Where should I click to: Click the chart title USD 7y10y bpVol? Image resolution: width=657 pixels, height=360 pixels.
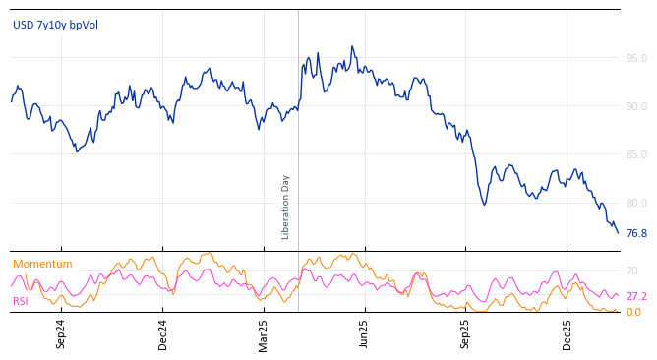pyautogui.click(x=55, y=26)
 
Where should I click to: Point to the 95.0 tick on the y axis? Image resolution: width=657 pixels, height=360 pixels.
pyautogui.click(x=636, y=58)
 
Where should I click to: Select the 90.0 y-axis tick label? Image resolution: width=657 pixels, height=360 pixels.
pyautogui.click(x=636, y=106)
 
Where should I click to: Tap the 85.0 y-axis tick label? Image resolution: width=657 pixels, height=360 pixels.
pyautogui.click(x=636, y=154)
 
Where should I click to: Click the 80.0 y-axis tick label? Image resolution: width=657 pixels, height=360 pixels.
pyautogui.click(x=636, y=203)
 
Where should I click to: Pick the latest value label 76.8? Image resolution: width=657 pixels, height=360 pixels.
pyautogui.click(x=636, y=234)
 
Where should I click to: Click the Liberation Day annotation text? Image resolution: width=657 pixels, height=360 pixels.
pyautogui.click(x=286, y=207)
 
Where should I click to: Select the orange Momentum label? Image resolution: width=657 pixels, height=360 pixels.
pyautogui.click(x=42, y=265)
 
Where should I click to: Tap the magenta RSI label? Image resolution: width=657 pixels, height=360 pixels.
pyautogui.click(x=20, y=302)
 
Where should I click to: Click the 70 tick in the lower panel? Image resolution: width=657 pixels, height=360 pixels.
pyautogui.click(x=632, y=270)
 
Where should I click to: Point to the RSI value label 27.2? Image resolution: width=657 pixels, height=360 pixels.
pyautogui.click(x=636, y=296)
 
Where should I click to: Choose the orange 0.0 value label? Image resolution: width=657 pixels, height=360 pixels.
pyautogui.click(x=633, y=313)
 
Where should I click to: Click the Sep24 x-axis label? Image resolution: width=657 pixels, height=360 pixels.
pyautogui.click(x=61, y=333)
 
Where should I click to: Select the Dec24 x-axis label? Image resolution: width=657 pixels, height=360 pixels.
pyautogui.click(x=163, y=333)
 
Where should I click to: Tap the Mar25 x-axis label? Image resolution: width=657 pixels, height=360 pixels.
pyautogui.click(x=264, y=333)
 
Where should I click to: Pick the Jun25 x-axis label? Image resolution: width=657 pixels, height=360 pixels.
pyautogui.click(x=365, y=333)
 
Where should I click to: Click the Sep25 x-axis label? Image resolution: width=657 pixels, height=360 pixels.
pyautogui.click(x=466, y=333)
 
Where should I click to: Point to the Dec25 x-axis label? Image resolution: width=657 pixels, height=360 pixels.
pyautogui.click(x=567, y=333)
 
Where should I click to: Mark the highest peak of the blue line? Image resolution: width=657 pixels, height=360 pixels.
pyautogui.click(x=352, y=46)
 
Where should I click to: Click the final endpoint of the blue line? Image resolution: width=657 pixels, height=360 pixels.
pyautogui.click(x=618, y=233)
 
